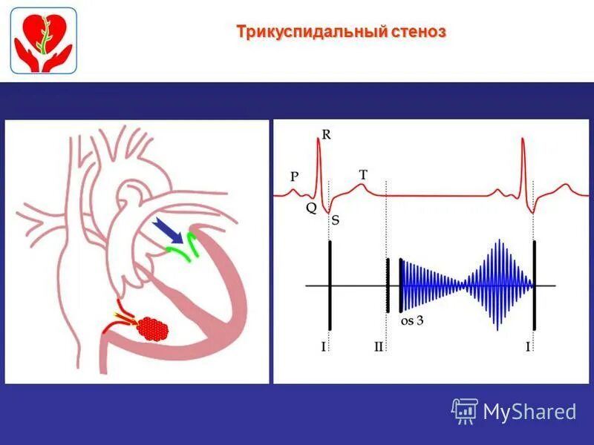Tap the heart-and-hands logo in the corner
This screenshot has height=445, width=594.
point(43,40)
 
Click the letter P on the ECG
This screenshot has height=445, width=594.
point(295,177)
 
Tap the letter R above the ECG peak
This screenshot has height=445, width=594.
point(326,134)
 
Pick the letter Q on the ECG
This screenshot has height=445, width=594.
point(310,208)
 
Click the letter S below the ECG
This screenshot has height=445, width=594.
point(336,220)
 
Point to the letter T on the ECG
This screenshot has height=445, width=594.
point(363,174)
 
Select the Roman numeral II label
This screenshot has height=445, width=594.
point(379,346)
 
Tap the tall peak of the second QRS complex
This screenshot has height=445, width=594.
point(523,144)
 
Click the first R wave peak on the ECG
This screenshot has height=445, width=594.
point(319,141)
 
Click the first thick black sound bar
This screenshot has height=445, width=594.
point(329,286)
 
